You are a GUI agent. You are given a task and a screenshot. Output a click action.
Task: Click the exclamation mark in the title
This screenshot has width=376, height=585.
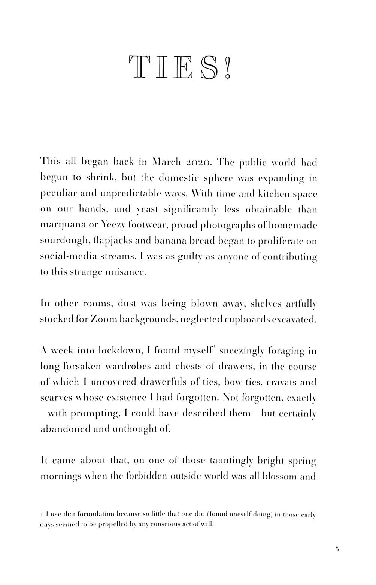(x=227, y=68)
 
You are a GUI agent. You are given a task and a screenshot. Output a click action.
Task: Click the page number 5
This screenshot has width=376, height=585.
(x=337, y=549)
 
